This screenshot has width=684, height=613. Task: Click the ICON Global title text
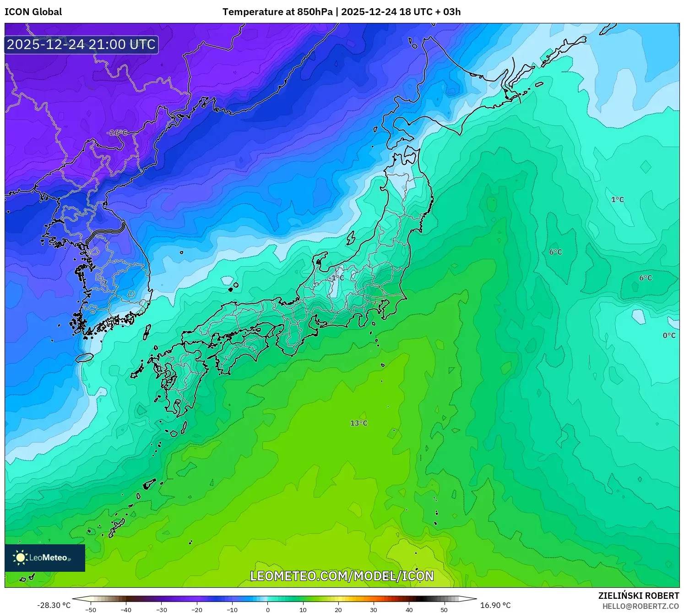[x=33, y=12]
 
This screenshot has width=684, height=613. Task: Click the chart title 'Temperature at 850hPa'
[x=277, y=12]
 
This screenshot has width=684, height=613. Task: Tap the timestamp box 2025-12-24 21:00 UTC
[x=81, y=44]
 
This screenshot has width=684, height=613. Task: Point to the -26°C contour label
[x=117, y=133]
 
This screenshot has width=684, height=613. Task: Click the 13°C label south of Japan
[x=359, y=423]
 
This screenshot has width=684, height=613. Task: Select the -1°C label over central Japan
[x=336, y=278]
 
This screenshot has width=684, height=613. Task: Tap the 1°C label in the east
[x=618, y=199]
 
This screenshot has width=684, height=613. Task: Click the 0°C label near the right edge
[x=669, y=335]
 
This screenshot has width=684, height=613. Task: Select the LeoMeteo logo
[x=44, y=558]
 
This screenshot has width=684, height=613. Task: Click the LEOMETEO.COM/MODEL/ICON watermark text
[x=342, y=576]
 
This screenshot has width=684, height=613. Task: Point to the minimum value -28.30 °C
[x=54, y=605]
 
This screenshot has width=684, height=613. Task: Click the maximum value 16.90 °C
[x=495, y=605]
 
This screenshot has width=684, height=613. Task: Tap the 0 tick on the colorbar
[x=268, y=610]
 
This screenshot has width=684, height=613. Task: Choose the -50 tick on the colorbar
[x=91, y=610]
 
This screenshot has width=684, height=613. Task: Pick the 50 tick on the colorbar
[x=444, y=610]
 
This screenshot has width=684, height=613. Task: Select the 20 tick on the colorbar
[x=338, y=610]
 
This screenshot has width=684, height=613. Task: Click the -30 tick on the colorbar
[x=162, y=610]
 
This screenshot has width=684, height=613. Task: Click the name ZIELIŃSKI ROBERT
[x=638, y=596]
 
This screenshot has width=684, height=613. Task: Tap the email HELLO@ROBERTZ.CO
[x=641, y=606]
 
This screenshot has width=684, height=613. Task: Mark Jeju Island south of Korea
[x=84, y=357]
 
